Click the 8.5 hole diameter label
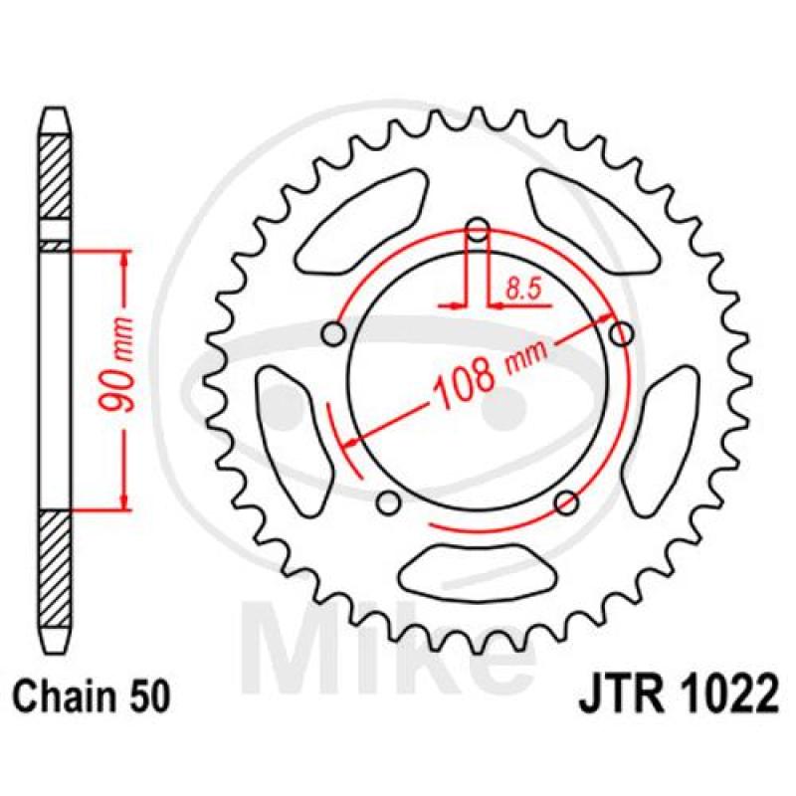pos(524,290)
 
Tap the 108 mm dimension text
pos(491,371)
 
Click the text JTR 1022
pos(679,693)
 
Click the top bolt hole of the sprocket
pos(478,230)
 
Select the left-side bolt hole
pos(333,334)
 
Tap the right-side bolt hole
pos(621,334)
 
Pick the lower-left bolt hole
pos(389,502)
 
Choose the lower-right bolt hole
pos(566,502)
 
